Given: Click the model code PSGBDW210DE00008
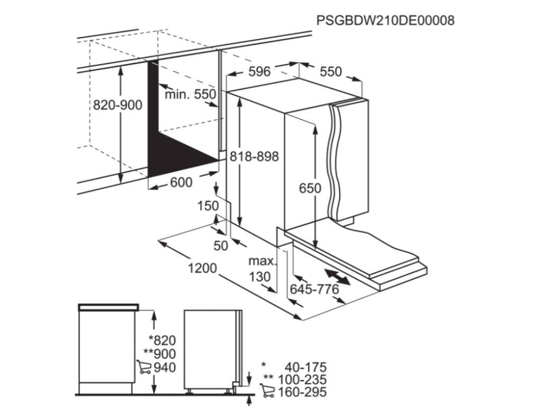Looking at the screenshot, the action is [385, 20].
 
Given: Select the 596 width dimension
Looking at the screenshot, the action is [259, 71].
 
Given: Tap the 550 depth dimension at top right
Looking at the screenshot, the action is [331, 71].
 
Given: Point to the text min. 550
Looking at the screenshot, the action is [190, 95].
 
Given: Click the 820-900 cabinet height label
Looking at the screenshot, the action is [117, 105].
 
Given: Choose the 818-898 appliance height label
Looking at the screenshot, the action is [254, 156].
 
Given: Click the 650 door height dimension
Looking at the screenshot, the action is [310, 188].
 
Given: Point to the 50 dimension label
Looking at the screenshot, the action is [220, 245].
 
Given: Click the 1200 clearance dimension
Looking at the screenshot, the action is [202, 269].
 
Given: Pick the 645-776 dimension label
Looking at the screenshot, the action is [314, 290].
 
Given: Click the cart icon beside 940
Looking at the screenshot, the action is [143, 366].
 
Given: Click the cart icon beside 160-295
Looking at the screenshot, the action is [268, 392].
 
